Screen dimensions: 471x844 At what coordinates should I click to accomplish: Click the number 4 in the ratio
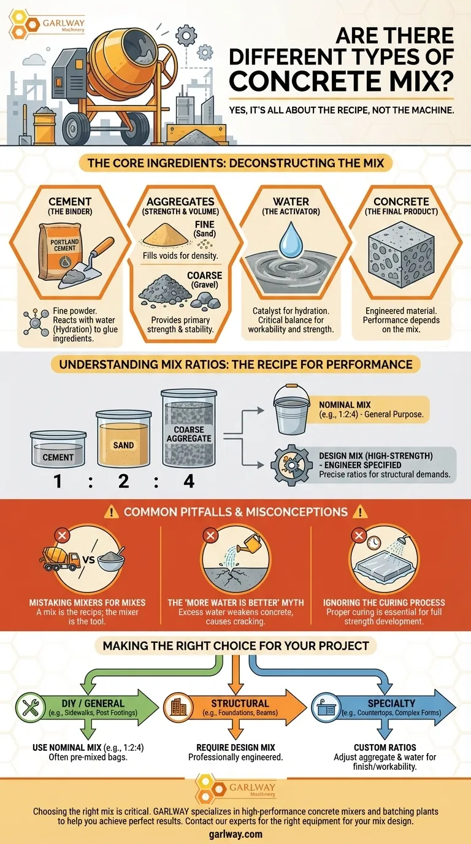pos(189,481)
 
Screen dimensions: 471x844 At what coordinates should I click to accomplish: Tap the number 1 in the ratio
pos(58,481)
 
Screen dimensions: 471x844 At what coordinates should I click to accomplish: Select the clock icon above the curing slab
pos(373,543)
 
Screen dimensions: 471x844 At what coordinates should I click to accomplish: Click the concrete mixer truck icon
pos(59,559)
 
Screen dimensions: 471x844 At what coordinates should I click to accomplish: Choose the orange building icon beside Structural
pos(178,707)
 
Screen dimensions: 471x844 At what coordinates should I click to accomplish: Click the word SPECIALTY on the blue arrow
pos(391,703)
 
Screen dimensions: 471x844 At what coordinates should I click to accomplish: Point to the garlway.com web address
pos(235,834)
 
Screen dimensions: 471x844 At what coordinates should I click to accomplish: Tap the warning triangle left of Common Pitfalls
pos(111,512)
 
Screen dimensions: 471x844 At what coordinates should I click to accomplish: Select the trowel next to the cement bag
pos(86,263)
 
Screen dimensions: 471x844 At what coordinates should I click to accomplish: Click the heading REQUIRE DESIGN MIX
pos(235,748)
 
